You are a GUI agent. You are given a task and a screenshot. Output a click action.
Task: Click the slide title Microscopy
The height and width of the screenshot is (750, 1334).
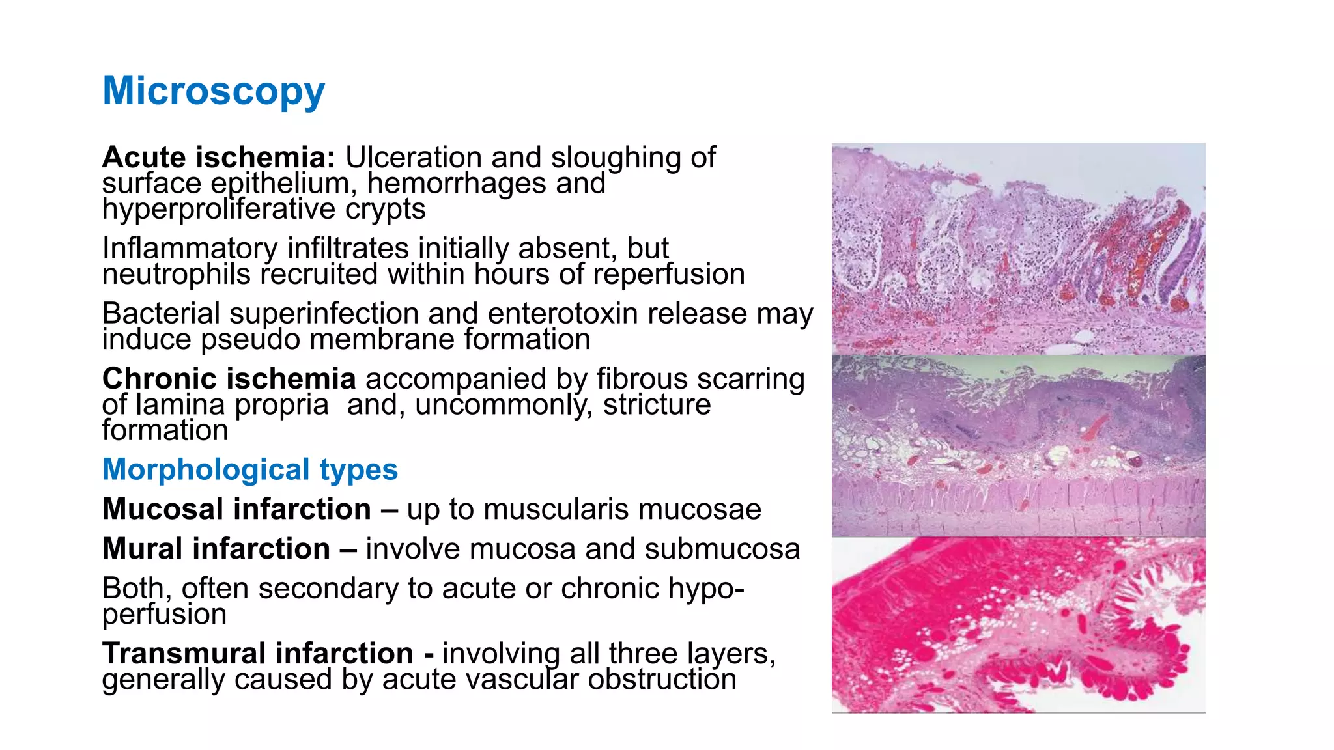coord(214,90)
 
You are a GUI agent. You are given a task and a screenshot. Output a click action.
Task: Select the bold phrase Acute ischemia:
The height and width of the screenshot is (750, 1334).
coord(219,158)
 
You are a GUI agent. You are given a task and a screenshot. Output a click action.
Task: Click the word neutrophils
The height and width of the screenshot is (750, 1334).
coord(176,274)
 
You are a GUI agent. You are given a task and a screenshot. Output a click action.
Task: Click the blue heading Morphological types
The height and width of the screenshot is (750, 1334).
coord(250,469)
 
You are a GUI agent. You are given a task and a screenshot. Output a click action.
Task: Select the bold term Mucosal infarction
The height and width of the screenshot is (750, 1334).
coord(236,509)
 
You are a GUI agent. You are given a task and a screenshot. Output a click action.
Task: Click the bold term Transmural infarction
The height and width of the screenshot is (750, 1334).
coord(258,653)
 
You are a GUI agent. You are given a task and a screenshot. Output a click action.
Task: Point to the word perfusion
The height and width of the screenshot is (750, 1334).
coord(164,614)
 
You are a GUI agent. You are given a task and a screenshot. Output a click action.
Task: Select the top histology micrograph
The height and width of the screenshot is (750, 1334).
coord(1018,249)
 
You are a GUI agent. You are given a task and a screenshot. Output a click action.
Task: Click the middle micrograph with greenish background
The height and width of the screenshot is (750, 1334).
coord(1018,446)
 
